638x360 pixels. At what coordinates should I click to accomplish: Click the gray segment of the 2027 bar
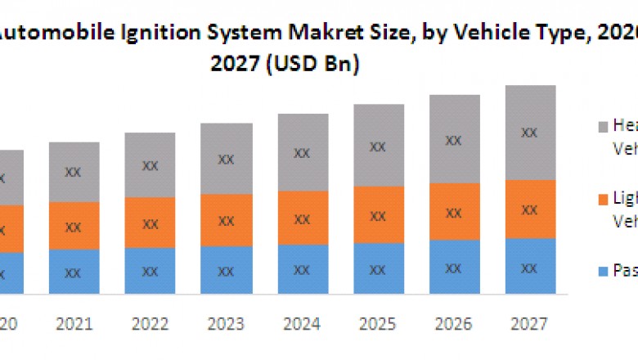tap(530, 133)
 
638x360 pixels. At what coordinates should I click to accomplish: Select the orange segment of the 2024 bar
tap(302, 218)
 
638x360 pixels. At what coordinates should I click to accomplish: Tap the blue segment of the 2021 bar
tap(74, 272)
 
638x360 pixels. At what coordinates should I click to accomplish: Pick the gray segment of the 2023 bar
tap(226, 159)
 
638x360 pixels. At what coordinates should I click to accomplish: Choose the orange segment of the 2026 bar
tap(454, 211)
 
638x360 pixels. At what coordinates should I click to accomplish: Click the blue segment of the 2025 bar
tap(377, 268)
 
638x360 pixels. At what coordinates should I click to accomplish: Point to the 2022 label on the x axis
tap(150, 326)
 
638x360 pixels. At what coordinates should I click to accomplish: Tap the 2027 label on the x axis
tap(530, 326)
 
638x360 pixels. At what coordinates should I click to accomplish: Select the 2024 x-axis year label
tap(302, 326)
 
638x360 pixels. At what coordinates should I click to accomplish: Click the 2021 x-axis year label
tap(74, 326)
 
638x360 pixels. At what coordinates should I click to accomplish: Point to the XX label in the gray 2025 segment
tap(377, 147)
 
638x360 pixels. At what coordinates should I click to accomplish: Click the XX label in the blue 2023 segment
tap(226, 271)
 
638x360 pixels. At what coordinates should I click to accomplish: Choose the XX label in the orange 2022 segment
tap(150, 223)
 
